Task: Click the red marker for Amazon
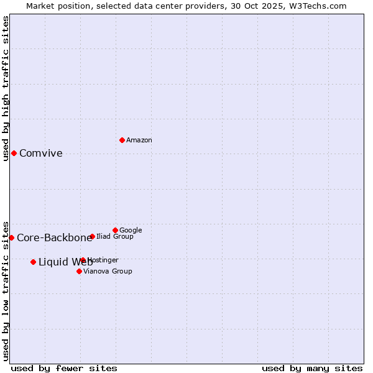click(122, 140)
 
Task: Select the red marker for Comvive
click(14, 153)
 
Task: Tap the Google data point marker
click(115, 230)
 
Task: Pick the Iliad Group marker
click(92, 236)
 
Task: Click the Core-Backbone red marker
click(11, 237)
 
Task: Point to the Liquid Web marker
click(33, 262)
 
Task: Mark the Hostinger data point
click(83, 260)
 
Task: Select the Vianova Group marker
click(79, 271)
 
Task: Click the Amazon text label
click(139, 140)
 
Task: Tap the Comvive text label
click(41, 154)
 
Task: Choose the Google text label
click(131, 231)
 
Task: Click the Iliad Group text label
click(115, 237)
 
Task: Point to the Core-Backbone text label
click(54, 238)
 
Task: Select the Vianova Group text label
click(108, 272)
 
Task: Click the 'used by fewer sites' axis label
click(64, 368)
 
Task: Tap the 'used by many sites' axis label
click(312, 368)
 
